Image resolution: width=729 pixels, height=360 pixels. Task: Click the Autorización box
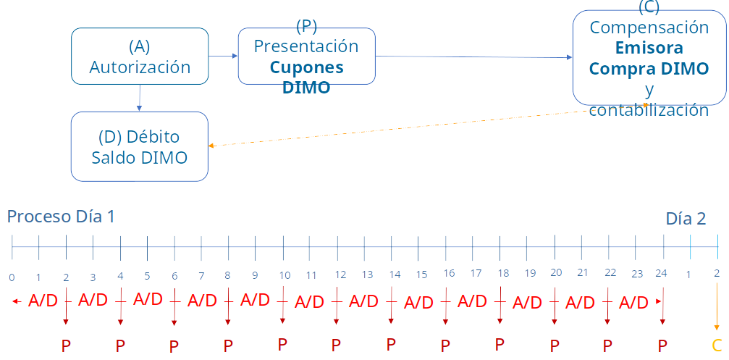click(x=140, y=56)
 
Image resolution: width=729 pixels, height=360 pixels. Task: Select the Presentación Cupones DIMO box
click(x=306, y=56)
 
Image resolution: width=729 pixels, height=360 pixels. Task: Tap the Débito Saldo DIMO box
click(x=139, y=146)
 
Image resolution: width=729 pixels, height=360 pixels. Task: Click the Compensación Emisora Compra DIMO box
click(x=649, y=58)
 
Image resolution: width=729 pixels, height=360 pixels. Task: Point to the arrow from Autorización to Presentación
click(x=224, y=56)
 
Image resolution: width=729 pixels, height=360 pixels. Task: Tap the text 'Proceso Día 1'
click(x=61, y=217)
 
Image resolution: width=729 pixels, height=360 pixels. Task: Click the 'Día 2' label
click(x=686, y=219)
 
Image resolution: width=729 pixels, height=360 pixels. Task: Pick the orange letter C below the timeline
click(x=717, y=346)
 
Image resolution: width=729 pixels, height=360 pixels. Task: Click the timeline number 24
click(x=660, y=274)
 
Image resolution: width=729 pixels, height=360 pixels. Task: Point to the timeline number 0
click(x=12, y=277)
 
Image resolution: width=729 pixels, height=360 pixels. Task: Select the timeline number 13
click(x=367, y=275)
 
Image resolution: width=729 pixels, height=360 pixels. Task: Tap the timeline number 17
click(x=476, y=274)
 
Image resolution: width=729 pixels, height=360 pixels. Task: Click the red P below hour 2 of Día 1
click(x=66, y=346)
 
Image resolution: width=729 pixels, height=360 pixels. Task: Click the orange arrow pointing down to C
click(x=717, y=308)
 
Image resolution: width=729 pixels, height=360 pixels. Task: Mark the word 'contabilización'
click(x=649, y=110)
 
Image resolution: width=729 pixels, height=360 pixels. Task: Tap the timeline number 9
click(x=255, y=275)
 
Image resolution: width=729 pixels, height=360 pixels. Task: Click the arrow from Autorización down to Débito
click(x=139, y=98)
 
